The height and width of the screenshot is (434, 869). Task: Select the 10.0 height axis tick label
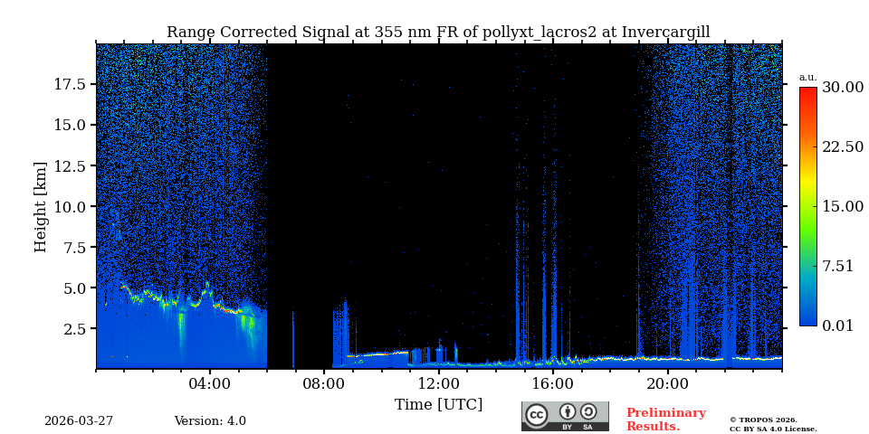(70, 207)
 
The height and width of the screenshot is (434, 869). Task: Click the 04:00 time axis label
(210, 383)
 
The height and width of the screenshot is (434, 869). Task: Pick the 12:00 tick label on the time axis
(439, 383)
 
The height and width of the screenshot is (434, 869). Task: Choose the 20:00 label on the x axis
(668, 383)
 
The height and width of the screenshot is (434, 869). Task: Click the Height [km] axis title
(41, 206)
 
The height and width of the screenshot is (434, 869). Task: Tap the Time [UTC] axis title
(439, 404)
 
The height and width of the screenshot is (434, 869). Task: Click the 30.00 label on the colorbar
(843, 88)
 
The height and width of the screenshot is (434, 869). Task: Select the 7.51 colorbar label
(838, 266)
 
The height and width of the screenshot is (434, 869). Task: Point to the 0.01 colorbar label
(838, 325)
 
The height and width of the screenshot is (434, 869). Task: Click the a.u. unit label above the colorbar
(807, 77)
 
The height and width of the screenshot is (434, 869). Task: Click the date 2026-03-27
(79, 421)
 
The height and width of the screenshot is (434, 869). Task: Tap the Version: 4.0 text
(210, 421)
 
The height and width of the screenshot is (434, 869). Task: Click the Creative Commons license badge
(565, 416)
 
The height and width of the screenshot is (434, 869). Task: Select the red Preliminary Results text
(665, 420)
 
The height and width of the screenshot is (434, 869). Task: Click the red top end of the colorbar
(807, 92)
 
